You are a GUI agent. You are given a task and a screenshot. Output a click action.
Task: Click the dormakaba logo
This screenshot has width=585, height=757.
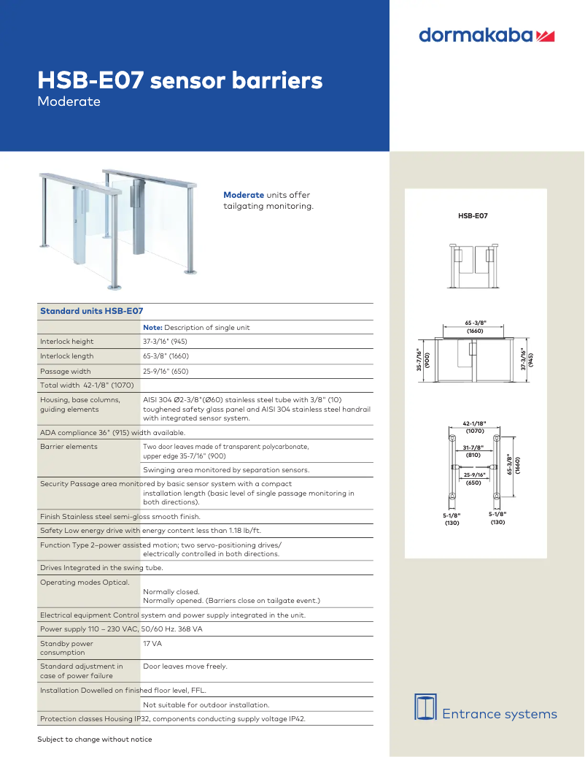click(487, 35)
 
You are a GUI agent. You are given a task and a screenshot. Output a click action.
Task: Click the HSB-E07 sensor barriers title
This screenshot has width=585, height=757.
click(179, 80)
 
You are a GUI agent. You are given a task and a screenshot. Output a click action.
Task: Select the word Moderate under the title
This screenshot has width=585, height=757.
click(69, 101)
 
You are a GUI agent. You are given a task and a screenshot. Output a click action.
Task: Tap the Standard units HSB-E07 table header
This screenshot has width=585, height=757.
click(91, 311)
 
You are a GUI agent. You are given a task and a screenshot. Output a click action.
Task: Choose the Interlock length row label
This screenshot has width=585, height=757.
click(67, 356)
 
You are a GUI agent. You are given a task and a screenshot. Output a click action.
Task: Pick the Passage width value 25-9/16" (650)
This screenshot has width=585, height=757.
click(166, 372)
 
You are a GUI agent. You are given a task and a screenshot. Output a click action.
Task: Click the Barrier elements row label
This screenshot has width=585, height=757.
click(69, 446)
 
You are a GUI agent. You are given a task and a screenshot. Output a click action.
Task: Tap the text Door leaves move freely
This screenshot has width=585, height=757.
click(185, 666)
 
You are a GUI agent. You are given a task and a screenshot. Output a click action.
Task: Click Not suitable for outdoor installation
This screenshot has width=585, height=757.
click(206, 704)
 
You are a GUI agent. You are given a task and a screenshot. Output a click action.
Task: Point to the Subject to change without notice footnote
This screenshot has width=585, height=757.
click(95, 739)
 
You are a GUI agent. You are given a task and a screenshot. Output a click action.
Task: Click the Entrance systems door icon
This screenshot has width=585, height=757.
click(425, 707)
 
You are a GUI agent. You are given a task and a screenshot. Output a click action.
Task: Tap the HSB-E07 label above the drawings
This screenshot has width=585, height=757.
click(473, 216)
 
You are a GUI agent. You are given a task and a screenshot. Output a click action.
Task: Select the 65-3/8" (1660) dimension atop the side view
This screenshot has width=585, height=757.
click(476, 326)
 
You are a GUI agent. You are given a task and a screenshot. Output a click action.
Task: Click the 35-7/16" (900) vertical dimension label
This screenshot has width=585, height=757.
click(422, 358)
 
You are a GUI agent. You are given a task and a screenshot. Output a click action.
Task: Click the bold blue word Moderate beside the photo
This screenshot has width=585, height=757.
click(244, 195)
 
